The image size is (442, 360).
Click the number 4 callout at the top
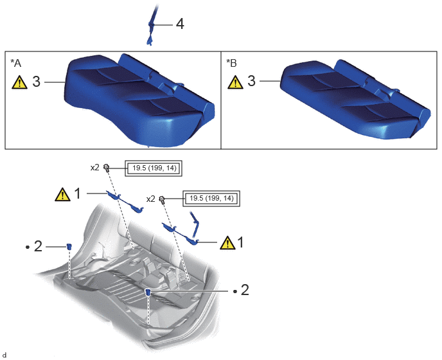pos(180,24)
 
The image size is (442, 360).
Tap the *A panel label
pos(16,63)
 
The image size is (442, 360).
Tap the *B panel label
pos(231,63)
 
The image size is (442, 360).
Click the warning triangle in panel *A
pos(19,82)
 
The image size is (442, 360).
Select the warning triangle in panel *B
pos(235,82)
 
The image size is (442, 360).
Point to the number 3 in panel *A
pos(37,82)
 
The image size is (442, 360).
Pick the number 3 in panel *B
pos(251,81)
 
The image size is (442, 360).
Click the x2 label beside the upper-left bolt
pos(94,168)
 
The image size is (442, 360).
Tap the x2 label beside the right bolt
pos(151,199)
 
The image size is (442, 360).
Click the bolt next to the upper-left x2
pos(106,167)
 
